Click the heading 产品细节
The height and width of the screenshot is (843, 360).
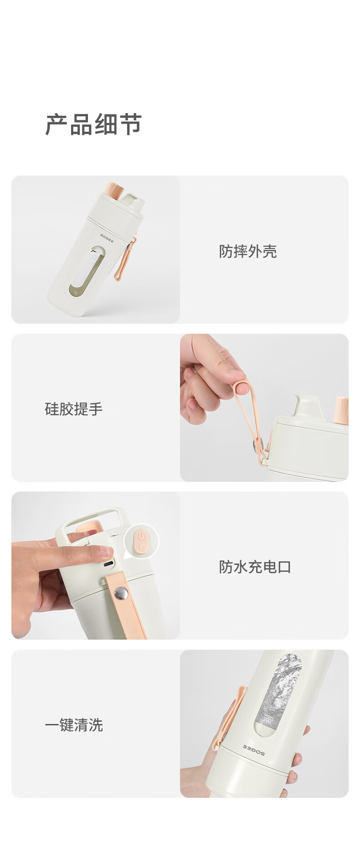[93, 124]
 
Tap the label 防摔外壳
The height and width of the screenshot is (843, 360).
[248, 251]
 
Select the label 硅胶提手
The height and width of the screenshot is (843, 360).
[74, 409]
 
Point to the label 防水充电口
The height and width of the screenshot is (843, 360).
[255, 567]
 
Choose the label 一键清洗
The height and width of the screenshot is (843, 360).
[74, 725]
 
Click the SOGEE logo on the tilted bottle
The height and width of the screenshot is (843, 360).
[107, 238]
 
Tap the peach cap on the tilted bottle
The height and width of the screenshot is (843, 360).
[115, 191]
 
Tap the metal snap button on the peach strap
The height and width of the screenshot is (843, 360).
[121, 593]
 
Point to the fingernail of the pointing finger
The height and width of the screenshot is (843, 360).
[106, 551]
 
